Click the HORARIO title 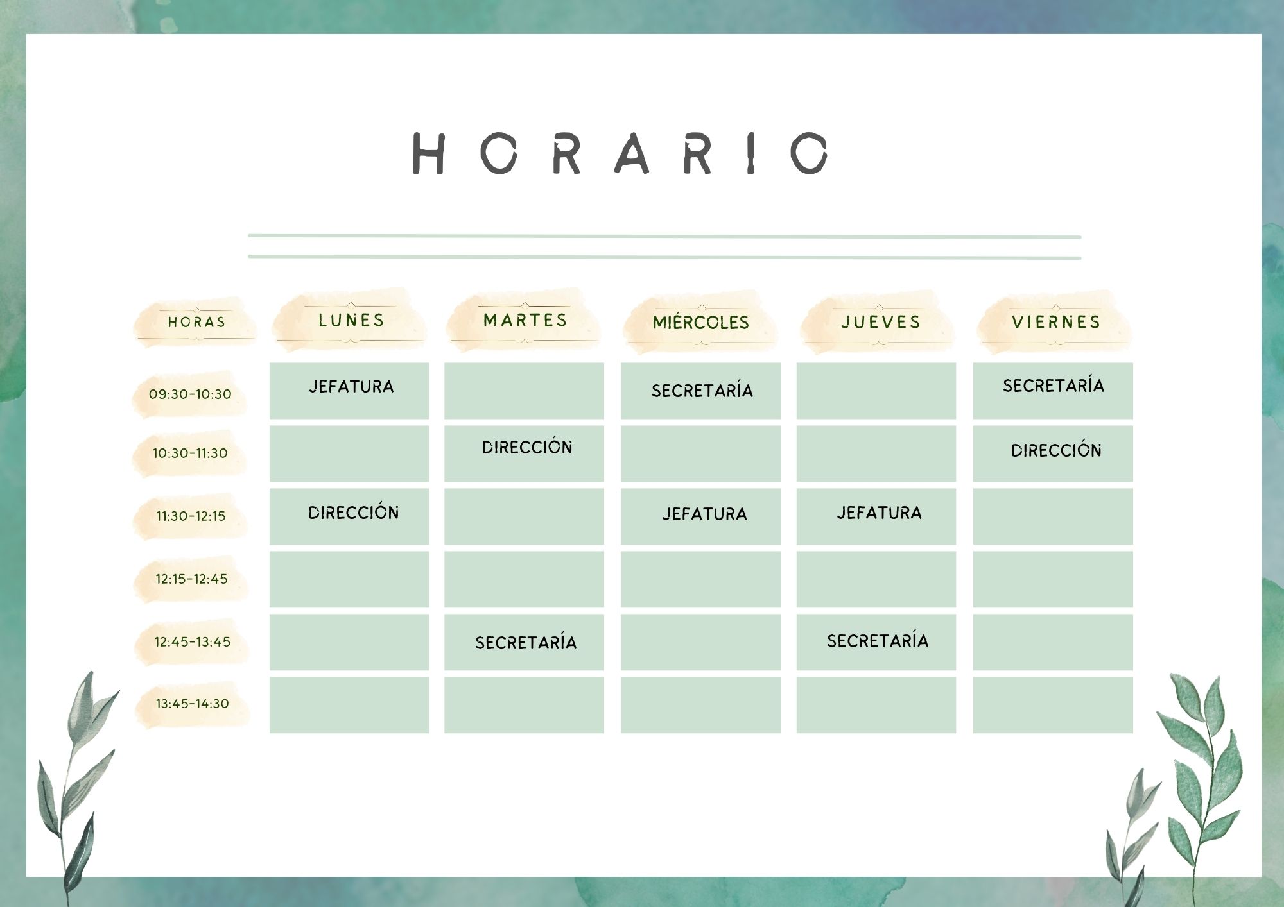[x=620, y=153]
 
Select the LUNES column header [x=351, y=320]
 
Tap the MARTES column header [x=525, y=320]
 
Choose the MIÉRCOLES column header [x=701, y=322]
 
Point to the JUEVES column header [x=881, y=322]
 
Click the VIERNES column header [x=1056, y=322]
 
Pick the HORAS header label [x=196, y=322]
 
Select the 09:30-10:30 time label [x=190, y=394]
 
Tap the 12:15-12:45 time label [x=191, y=579]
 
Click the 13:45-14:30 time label [x=192, y=704]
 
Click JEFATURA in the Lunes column [x=351, y=386]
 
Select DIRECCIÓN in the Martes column [x=527, y=446]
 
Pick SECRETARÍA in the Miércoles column [x=702, y=390]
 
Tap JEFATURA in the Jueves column [x=879, y=513]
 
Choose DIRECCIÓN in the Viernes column [x=1056, y=450]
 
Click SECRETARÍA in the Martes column [x=526, y=642]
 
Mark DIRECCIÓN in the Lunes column [x=354, y=512]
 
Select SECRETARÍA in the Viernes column [x=1054, y=385]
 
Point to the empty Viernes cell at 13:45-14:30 [x=1053, y=705]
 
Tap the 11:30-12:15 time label [x=191, y=516]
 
